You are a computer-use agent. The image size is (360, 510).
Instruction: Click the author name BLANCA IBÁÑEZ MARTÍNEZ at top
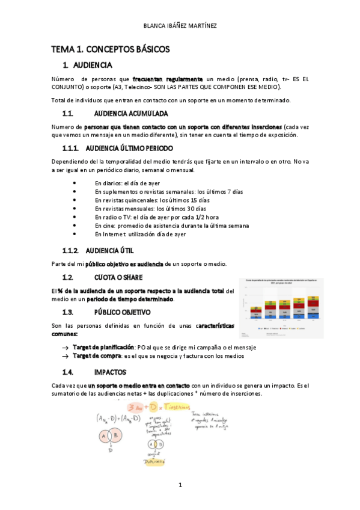pyautogui.click(x=180, y=25)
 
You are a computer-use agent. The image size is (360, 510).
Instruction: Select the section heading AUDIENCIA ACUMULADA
pyautogui.click(x=131, y=113)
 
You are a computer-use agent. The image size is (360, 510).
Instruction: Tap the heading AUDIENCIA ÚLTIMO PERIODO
pyautogui.click(x=129, y=148)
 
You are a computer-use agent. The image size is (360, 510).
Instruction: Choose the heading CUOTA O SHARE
pyautogui.click(x=118, y=277)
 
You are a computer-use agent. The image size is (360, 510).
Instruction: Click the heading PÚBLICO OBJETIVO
pyautogui.click(x=122, y=312)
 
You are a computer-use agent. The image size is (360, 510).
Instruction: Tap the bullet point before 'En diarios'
pyautogui.click(x=74, y=183)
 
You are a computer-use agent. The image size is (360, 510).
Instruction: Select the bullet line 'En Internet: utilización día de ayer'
pyautogui.click(x=140, y=234)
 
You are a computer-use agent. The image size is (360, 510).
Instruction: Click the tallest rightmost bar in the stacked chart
pyautogui.click(x=313, y=308)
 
